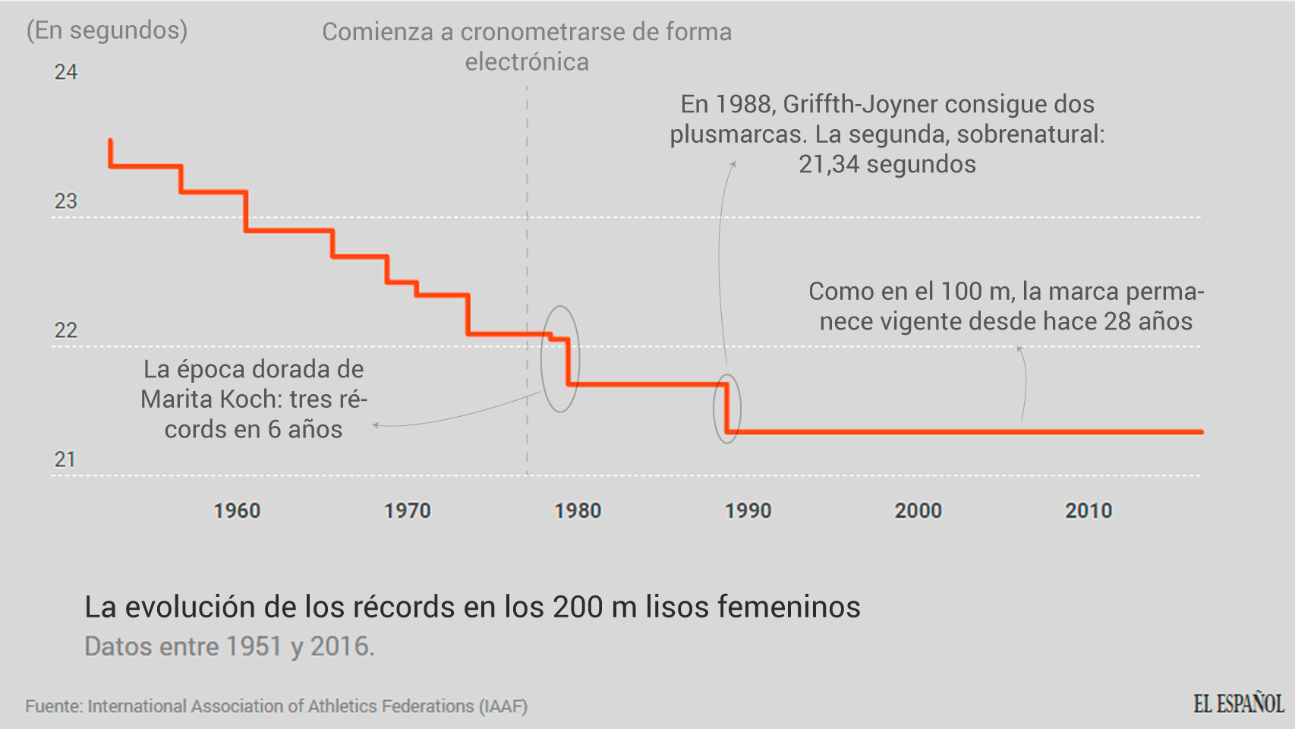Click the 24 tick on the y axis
coord(66,72)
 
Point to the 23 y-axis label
coord(66,201)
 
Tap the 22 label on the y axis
coord(66,330)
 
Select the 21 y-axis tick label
coord(65,459)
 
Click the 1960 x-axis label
coord(237,511)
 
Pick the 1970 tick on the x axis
coord(408,511)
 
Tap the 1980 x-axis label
coord(578,511)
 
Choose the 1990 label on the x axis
coord(748,511)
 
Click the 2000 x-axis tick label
coord(918,511)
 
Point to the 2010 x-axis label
coord(1089,511)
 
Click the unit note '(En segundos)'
coord(107,30)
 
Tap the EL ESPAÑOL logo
coord(1238,704)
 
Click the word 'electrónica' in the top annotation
coord(527,62)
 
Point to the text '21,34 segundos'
coord(887,164)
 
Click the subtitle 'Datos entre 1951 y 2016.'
coord(229,646)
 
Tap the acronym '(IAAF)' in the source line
coord(503,706)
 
